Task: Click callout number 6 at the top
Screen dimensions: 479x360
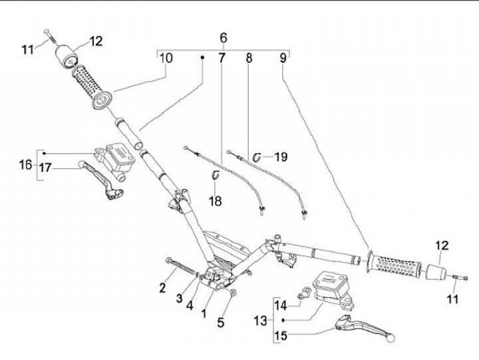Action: click(x=224, y=38)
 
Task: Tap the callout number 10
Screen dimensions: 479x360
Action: click(x=166, y=58)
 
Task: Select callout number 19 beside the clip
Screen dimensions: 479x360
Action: click(x=281, y=157)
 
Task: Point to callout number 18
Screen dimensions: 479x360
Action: click(x=216, y=201)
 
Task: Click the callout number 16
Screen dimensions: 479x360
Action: click(x=26, y=165)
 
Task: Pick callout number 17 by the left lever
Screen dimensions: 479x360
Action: click(x=45, y=168)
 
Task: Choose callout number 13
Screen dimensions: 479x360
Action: click(x=261, y=321)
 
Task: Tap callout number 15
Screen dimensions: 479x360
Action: click(x=281, y=335)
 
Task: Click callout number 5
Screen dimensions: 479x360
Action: click(x=221, y=323)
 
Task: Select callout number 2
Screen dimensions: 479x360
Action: click(x=162, y=287)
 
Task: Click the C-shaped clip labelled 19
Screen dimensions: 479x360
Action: click(x=257, y=157)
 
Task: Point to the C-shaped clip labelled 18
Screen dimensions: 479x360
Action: click(x=216, y=175)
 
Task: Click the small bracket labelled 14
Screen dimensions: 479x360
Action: click(x=303, y=293)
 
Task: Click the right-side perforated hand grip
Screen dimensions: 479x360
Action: click(x=393, y=266)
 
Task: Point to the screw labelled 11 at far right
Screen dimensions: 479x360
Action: click(x=459, y=277)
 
